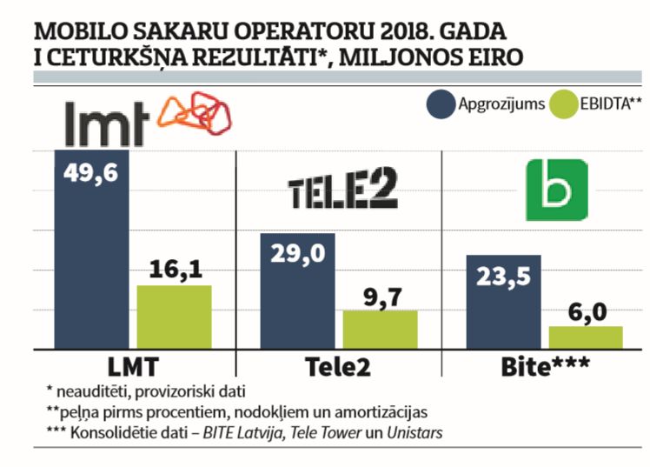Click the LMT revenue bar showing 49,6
(x=91, y=252)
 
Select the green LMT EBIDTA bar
(x=174, y=317)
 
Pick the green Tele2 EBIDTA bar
(x=380, y=330)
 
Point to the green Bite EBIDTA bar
(x=586, y=338)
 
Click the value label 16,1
(x=174, y=270)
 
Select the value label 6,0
(x=586, y=311)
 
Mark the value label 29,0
(x=298, y=253)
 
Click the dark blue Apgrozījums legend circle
(x=442, y=105)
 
